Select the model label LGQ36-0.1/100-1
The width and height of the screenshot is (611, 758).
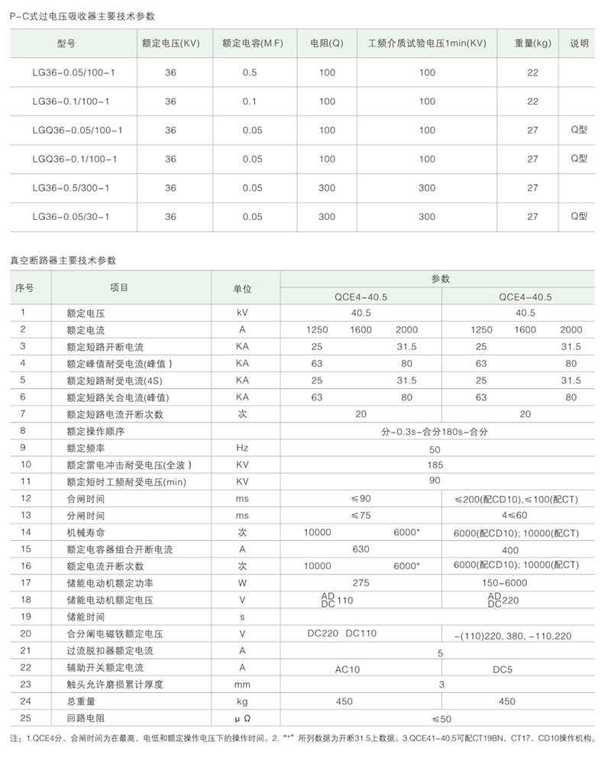click(x=74, y=159)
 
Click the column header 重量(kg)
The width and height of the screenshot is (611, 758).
click(x=533, y=44)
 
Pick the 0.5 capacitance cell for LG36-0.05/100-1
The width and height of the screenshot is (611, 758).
click(x=250, y=73)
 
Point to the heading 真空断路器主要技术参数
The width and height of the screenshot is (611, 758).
click(x=63, y=260)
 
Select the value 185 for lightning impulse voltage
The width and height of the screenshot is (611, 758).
click(x=435, y=465)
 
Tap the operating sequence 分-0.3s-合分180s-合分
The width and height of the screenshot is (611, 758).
click(x=435, y=432)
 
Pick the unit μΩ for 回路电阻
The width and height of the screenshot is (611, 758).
click(x=242, y=718)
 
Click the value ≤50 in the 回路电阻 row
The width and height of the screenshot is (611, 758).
click(x=441, y=718)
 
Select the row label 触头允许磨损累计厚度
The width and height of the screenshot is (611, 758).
click(x=115, y=685)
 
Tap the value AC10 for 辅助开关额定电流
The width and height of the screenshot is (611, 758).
click(x=348, y=668)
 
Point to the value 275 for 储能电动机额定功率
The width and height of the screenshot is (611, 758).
click(x=360, y=583)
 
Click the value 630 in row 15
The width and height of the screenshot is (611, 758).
click(x=360, y=549)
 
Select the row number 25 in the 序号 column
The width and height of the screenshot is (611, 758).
click(x=23, y=718)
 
